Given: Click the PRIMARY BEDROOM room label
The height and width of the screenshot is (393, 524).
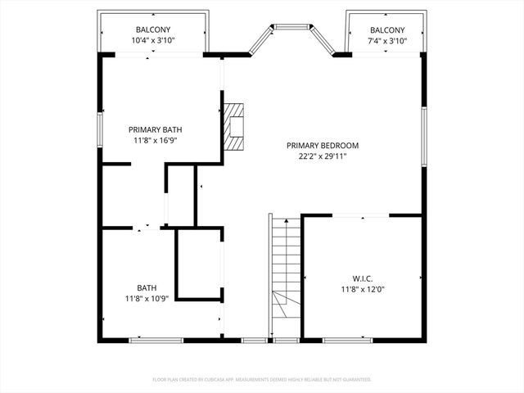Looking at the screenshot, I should click(x=322, y=146).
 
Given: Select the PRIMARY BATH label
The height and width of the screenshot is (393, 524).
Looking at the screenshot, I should click(x=155, y=129).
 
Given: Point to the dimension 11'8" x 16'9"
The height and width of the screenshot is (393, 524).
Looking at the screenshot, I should click(x=155, y=140).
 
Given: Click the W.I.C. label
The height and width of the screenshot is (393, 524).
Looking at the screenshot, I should click(x=361, y=278).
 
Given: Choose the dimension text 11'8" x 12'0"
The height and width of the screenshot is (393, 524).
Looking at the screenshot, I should click(x=361, y=288).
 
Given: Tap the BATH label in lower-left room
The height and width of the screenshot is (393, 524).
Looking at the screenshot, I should click(x=147, y=287).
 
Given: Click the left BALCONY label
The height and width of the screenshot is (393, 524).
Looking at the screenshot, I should click(x=153, y=29).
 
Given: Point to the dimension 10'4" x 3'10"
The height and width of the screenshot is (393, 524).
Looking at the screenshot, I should click(x=153, y=40).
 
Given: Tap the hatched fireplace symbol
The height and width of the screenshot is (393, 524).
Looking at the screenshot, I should click(x=235, y=128).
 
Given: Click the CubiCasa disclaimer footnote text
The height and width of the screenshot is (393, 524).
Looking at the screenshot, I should click(x=262, y=379).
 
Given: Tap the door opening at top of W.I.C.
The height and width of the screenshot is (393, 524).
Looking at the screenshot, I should click(x=360, y=216).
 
